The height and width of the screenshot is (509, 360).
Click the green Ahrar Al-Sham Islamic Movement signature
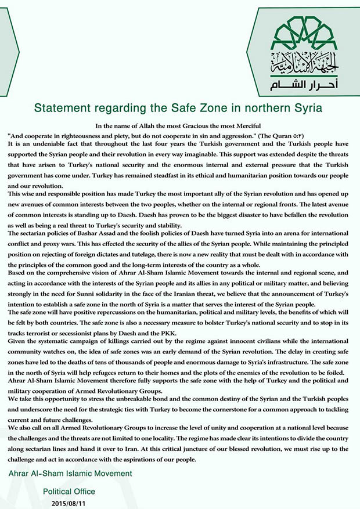coord(70,474)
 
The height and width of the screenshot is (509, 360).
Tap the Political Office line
coord(69,491)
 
